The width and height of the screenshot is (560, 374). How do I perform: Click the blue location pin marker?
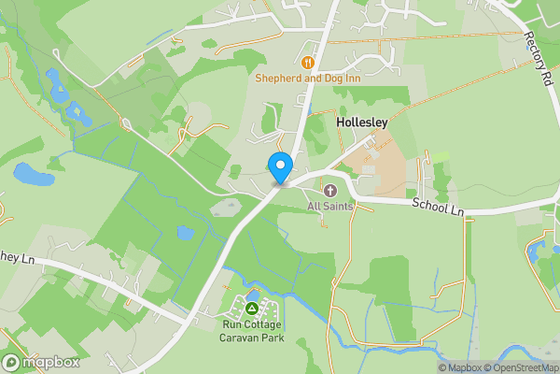[x=279, y=167]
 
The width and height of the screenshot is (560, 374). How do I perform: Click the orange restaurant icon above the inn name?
[x=309, y=63]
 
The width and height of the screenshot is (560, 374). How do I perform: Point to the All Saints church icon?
[x=329, y=191]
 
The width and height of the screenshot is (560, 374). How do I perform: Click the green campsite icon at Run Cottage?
[x=251, y=308]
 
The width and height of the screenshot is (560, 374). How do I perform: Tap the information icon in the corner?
[x=429, y=367]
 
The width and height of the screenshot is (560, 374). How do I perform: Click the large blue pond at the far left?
[x=32, y=173]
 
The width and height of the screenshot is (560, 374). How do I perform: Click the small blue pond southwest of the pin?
[x=186, y=232]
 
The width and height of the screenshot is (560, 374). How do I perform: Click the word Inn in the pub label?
[x=351, y=79]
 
